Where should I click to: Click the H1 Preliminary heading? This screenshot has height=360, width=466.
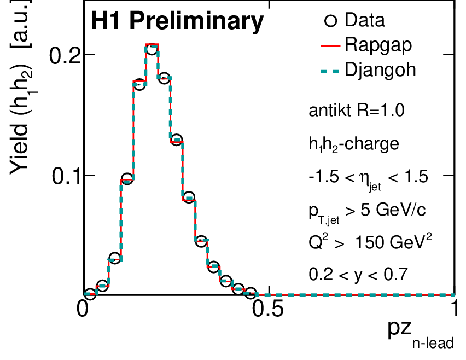177,21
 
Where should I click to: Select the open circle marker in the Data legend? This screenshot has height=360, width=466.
330,21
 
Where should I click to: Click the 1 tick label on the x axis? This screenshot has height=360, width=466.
454,309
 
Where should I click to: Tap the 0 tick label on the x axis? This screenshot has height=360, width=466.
84,309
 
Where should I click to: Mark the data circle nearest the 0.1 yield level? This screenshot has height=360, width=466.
127,179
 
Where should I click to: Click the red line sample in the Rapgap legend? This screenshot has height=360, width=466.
330,45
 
